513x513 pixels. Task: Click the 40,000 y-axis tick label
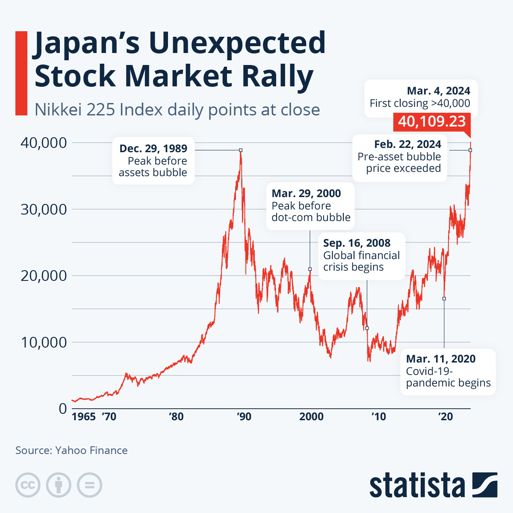(44, 143)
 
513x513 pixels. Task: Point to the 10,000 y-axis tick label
(44, 342)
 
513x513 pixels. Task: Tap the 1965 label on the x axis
(83, 416)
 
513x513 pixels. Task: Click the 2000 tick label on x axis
(311, 416)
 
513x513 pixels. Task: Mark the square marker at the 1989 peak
(241, 150)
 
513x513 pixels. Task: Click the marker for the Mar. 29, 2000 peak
(310, 269)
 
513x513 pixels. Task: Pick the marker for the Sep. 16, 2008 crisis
(367, 328)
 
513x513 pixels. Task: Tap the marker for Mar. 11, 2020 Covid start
(444, 298)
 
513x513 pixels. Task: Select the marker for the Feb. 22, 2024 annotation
(470, 150)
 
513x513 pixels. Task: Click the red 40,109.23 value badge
(432, 121)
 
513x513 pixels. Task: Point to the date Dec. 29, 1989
(153, 148)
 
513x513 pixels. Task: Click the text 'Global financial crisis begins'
(361, 261)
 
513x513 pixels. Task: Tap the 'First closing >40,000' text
(420, 103)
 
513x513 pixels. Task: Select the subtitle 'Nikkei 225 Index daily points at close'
(177, 110)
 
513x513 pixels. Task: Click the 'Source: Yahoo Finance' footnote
(71, 450)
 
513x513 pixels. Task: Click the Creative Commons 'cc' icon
(28, 485)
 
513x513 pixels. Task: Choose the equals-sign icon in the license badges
(90, 485)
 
